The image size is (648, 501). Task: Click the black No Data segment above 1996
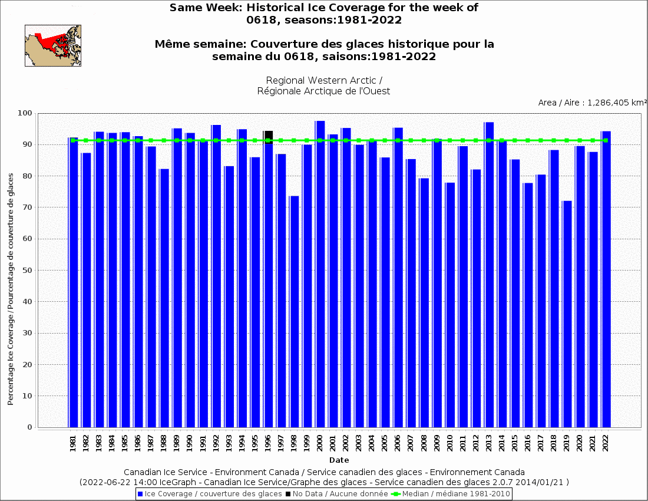(268, 134)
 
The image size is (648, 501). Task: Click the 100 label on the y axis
(25, 113)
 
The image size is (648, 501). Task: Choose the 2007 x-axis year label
(411, 444)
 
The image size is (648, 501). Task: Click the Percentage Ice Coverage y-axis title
(11, 289)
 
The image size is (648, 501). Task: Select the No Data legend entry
(337, 494)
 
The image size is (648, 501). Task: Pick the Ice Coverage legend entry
(209, 494)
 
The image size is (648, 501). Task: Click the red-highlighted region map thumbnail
(53, 45)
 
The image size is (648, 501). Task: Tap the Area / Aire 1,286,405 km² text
(592, 103)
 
